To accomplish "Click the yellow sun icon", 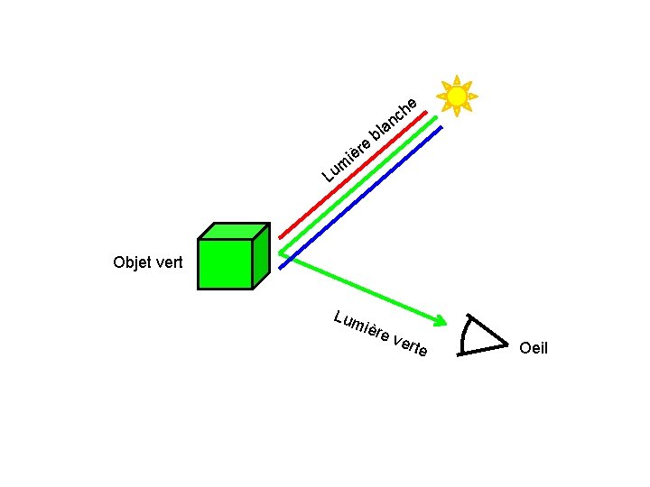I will pos(457,96).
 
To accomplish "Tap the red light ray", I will pos(352,171).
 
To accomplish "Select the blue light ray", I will pos(361,196).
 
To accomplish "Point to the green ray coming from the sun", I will pos(357,184).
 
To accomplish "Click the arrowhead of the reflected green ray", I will pos(440,320).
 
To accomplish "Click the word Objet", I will pos(132,263).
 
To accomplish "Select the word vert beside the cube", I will pos(169,263).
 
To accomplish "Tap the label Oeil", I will pos(534,347).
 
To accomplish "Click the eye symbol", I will pos(482,335).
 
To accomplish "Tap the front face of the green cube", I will pos(225,263).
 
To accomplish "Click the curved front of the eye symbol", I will pos(463,336).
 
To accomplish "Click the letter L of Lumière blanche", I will pos(330,172).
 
